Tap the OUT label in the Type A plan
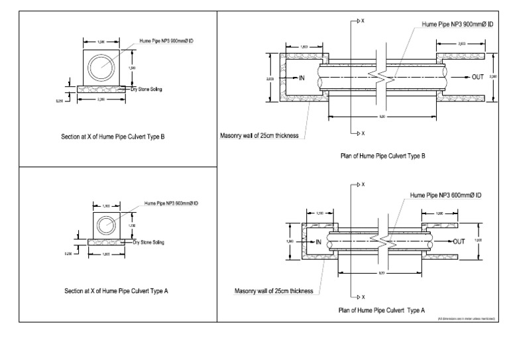point(461,241)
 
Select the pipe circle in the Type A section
point(106,225)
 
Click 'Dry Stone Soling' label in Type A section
point(148,243)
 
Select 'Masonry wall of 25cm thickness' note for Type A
point(274,290)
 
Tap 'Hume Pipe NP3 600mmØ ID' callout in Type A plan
point(445,195)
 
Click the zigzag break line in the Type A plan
point(383,242)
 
